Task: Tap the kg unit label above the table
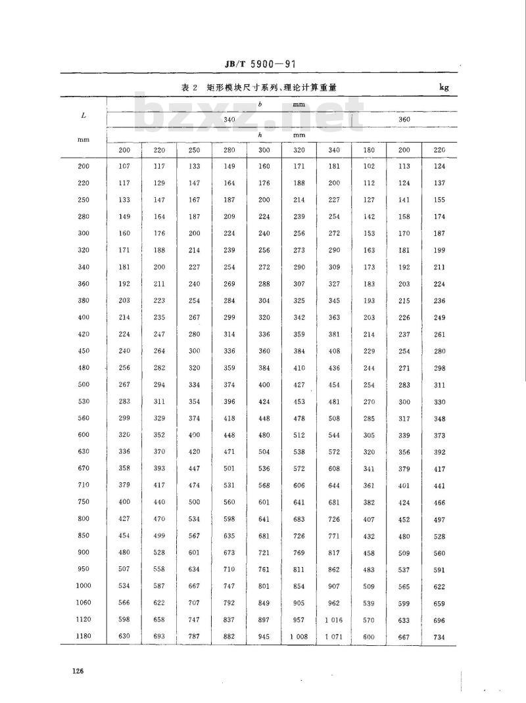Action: click(x=444, y=87)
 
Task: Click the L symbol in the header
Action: click(x=84, y=115)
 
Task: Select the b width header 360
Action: click(x=404, y=119)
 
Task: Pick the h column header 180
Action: click(x=369, y=150)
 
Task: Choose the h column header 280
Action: click(x=229, y=150)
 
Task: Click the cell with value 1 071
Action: click(x=334, y=637)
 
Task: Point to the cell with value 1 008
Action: click(x=299, y=637)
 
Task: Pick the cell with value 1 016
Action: click(x=334, y=620)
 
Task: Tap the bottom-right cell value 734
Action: click(x=439, y=637)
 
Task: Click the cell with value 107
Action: click(x=124, y=166)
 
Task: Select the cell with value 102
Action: click(x=369, y=166)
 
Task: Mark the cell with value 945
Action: click(x=264, y=637)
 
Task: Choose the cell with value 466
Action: click(x=439, y=503)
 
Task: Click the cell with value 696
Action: click(x=439, y=620)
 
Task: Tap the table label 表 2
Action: click(x=190, y=87)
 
